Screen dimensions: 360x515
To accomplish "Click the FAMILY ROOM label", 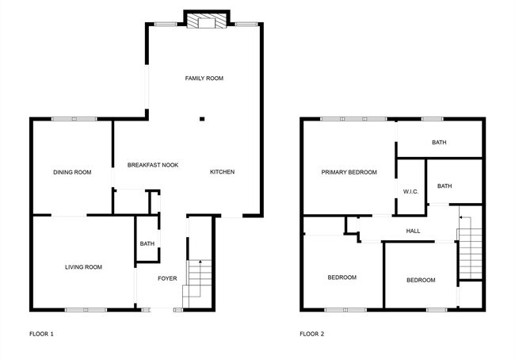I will pyautogui.click(x=204, y=79).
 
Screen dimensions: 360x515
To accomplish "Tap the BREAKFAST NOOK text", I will pyautogui.click(x=153, y=165).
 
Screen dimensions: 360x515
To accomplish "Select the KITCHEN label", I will pyautogui.click(x=222, y=172).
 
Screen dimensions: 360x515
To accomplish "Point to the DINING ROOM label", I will pyautogui.click(x=72, y=172).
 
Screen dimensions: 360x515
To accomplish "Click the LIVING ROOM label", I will pyautogui.click(x=83, y=267).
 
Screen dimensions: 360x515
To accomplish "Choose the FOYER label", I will pyautogui.click(x=167, y=278).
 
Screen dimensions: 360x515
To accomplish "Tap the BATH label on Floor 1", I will pyautogui.click(x=147, y=243).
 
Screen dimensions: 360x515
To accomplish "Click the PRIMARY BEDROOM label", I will pyautogui.click(x=349, y=172).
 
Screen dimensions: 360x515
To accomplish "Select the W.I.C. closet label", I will pyautogui.click(x=410, y=191).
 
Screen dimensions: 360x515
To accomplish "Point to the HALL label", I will pyautogui.click(x=413, y=232).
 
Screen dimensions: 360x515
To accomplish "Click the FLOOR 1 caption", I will pyautogui.click(x=41, y=334).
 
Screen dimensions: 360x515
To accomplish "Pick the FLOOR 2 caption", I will pyautogui.click(x=311, y=334).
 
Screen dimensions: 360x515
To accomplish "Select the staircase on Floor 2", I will pyautogui.click(x=470, y=250).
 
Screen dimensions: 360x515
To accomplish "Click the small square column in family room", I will pyautogui.click(x=202, y=119).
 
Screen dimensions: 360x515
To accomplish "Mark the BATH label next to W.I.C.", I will pyautogui.click(x=444, y=186).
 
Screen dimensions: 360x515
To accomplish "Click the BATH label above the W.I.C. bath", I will pyautogui.click(x=439, y=143).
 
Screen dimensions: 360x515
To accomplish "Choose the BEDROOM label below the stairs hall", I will pyautogui.click(x=421, y=280).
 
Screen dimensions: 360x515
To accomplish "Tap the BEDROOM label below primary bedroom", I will pyautogui.click(x=342, y=278).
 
